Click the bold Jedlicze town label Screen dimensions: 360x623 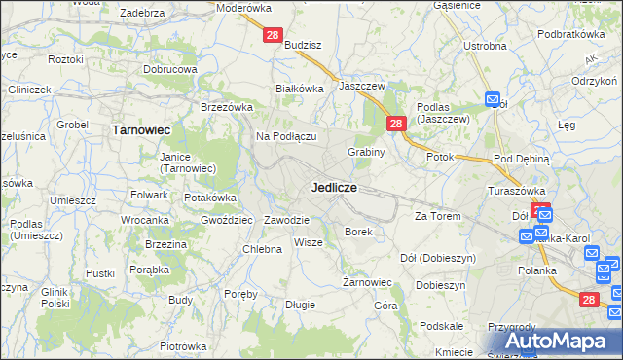coord(334,186)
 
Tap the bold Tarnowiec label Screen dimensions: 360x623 coord(142,128)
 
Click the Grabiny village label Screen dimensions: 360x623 coord(367,152)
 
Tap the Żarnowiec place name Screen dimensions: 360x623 coord(366,282)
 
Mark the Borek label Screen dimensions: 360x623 coord(358,232)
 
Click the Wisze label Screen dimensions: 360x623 coord(308,242)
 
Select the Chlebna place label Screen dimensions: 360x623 coord(262,249)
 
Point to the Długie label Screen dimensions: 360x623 coord(300,305)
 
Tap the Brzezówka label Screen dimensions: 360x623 coord(227,107)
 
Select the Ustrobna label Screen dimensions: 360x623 coord(485,46)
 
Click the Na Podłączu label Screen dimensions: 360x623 coord(287,136)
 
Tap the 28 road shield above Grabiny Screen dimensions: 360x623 coord(395,124)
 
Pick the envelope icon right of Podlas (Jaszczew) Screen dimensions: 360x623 coord(493,99)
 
